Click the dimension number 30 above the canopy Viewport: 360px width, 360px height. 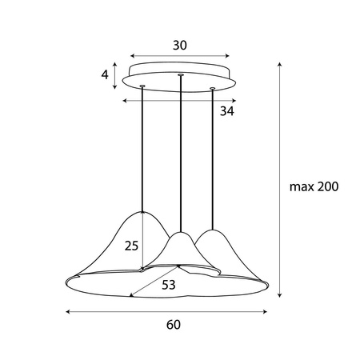[179, 46]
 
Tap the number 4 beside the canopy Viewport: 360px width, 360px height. [105, 76]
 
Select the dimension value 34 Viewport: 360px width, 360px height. [227, 111]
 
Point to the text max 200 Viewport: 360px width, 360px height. [314, 187]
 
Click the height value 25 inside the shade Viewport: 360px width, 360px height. [132, 246]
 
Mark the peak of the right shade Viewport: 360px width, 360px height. [213, 230]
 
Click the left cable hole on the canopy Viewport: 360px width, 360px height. [142, 86]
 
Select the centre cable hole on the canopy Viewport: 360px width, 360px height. [182, 75]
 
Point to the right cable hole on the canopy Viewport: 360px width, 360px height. [212, 88]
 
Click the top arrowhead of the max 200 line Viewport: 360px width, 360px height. [279, 63]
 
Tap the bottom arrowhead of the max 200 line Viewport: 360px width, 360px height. [279, 297]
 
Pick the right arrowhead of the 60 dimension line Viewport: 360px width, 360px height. [266, 310]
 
